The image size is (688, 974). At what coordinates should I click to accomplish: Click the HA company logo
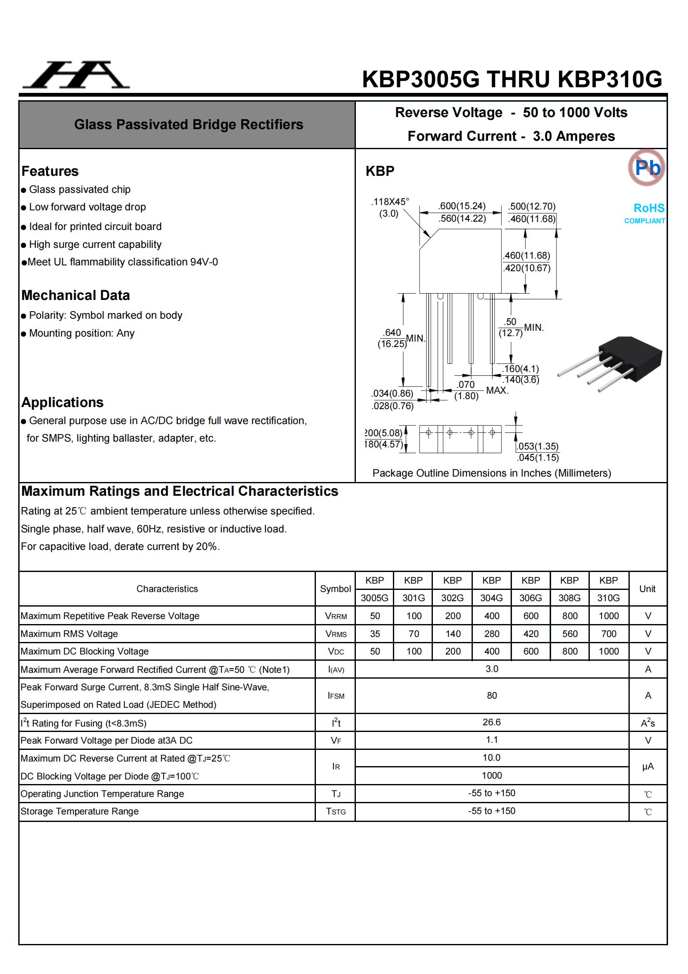point(76,75)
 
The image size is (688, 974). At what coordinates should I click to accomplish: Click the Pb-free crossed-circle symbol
point(646,167)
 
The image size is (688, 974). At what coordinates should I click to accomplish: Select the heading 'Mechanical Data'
point(75,295)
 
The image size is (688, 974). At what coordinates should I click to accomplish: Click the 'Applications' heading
point(62,402)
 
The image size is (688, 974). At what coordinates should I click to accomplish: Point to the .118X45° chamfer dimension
point(390,207)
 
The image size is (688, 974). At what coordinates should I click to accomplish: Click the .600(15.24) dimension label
point(462,206)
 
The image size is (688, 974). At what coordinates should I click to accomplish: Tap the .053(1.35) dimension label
point(537,446)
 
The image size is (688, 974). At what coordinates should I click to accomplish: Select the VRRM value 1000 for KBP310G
point(609,616)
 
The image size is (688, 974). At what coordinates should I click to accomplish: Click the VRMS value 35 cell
point(375,634)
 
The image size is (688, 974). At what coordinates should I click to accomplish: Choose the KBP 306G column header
point(530,589)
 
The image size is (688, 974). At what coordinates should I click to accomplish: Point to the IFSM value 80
point(492,696)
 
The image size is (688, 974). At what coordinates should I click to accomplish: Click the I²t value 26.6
point(492,722)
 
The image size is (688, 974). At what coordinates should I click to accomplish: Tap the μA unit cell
point(647,767)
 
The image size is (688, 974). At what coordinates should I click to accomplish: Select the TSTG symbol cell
point(335,812)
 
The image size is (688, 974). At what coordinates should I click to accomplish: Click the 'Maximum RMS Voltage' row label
point(69,634)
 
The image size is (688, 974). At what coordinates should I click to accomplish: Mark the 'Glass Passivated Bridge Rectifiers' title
point(189,124)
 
